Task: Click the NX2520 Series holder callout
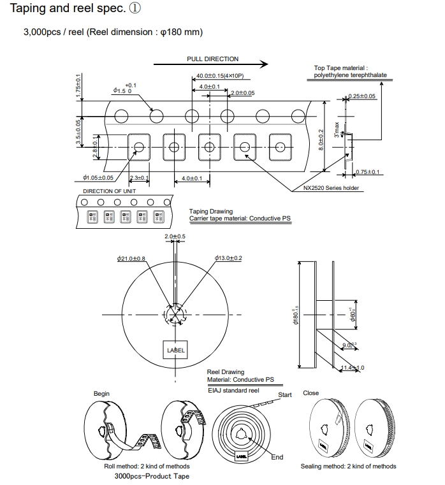click(x=331, y=188)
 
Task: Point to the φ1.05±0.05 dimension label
click(x=98, y=178)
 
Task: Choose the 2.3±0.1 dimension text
click(x=139, y=178)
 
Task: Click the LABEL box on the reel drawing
click(x=175, y=351)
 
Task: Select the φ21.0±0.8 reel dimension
click(x=131, y=258)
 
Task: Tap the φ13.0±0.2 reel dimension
click(x=228, y=258)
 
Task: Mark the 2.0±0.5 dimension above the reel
click(x=175, y=236)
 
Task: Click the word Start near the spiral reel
click(x=285, y=395)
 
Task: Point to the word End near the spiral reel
click(x=277, y=457)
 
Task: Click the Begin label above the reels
click(x=101, y=394)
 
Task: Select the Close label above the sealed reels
click(x=310, y=393)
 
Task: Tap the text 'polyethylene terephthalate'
click(x=350, y=75)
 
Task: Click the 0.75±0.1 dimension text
click(x=368, y=172)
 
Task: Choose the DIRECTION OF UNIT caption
click(x=109, y=191)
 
